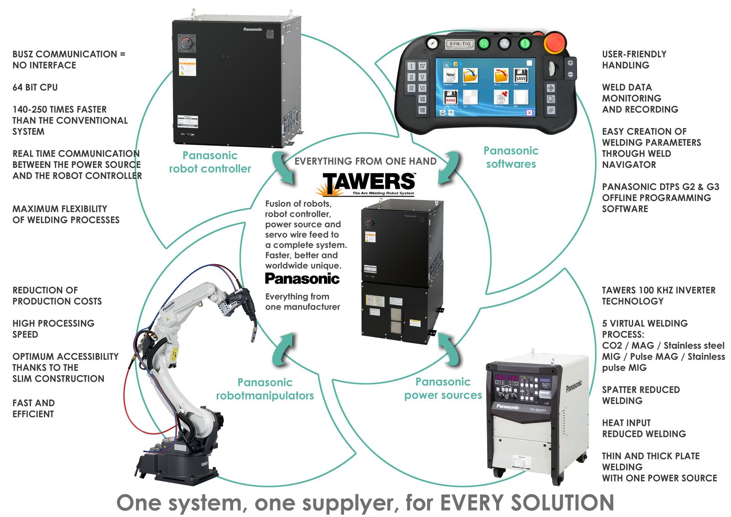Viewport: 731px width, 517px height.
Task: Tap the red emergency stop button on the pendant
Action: point(554,43)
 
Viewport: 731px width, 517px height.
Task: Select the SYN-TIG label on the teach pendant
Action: point(460,44)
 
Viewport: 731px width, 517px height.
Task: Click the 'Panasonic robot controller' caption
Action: point(210,162)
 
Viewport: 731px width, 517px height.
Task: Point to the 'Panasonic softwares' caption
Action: point(511,157)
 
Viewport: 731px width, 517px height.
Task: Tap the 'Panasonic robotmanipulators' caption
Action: point(265,389)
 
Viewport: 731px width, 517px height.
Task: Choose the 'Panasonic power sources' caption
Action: point(443,389)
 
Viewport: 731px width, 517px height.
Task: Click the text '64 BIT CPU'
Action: point(35,87)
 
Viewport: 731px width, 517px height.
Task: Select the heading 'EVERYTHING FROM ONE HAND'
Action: point(365,161)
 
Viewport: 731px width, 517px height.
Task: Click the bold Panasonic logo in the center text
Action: point(302,278)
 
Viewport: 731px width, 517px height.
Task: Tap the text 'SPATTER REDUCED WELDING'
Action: point(641,395)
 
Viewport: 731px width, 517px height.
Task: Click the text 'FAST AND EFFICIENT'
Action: point(33,408)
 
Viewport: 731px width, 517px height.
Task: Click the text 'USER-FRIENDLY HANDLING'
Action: point(634,59)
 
